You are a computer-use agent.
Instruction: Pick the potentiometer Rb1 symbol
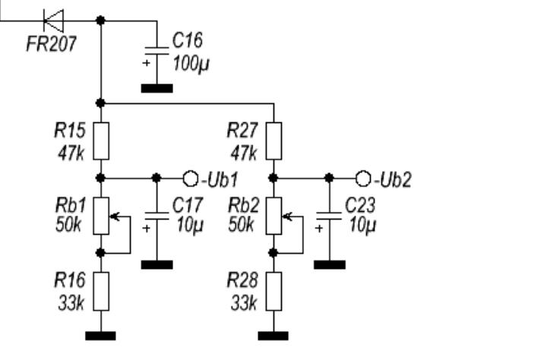(x=101, y=214)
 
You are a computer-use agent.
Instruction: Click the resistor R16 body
(x=101, y=290)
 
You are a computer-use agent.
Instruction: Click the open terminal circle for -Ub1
(x=190, y=178)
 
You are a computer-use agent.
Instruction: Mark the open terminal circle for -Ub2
(x=362, y=178)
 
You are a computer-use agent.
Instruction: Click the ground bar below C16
(x=157, y=88)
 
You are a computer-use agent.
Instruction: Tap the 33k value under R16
(x=71, y=303)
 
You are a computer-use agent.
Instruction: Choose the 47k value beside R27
(x=243, y=152)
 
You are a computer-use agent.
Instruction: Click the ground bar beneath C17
(x=157, y=264)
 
